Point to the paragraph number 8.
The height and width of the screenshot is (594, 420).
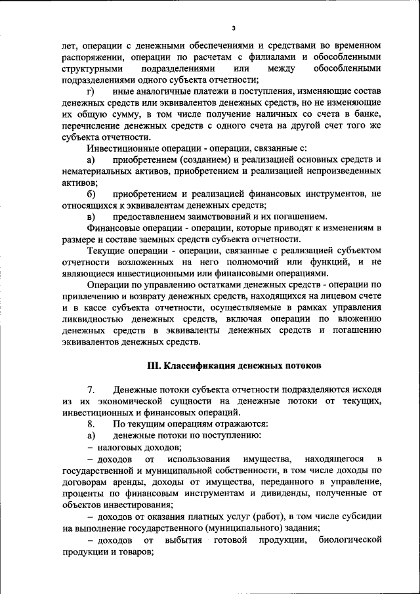91,423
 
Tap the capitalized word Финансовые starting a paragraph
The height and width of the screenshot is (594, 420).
112,228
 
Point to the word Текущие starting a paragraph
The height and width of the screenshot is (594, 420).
106,251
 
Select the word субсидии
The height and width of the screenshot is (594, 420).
356,516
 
